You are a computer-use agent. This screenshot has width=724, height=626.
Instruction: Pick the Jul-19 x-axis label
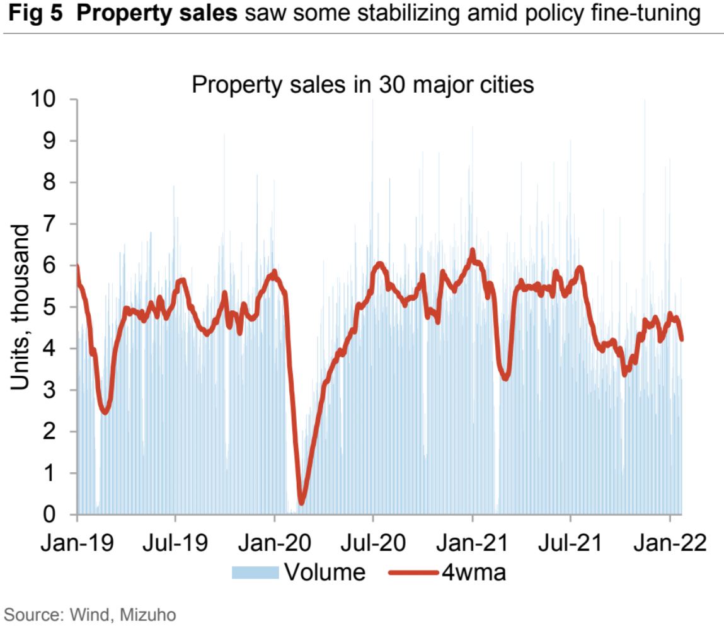[175, 543]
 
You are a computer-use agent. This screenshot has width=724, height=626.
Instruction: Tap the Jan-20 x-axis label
[274, 543]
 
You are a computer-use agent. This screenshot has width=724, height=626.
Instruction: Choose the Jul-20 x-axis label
[373, 543]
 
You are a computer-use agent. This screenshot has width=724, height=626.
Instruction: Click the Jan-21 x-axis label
[472, 543]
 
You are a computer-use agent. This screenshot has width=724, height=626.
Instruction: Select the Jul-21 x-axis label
[570, 543]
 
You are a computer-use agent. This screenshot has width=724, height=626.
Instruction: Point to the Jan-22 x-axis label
[669, 543]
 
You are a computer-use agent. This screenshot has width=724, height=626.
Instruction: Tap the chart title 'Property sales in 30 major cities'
[362, 84]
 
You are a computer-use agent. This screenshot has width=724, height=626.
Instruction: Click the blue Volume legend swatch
[255, 572]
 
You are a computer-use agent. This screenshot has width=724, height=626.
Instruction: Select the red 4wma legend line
[413, 572]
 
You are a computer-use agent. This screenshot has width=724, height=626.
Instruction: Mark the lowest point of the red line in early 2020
[301, 502]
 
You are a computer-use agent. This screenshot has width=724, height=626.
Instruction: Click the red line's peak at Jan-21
[472, 251]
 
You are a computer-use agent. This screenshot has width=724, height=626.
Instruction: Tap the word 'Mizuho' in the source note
[151, 613]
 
